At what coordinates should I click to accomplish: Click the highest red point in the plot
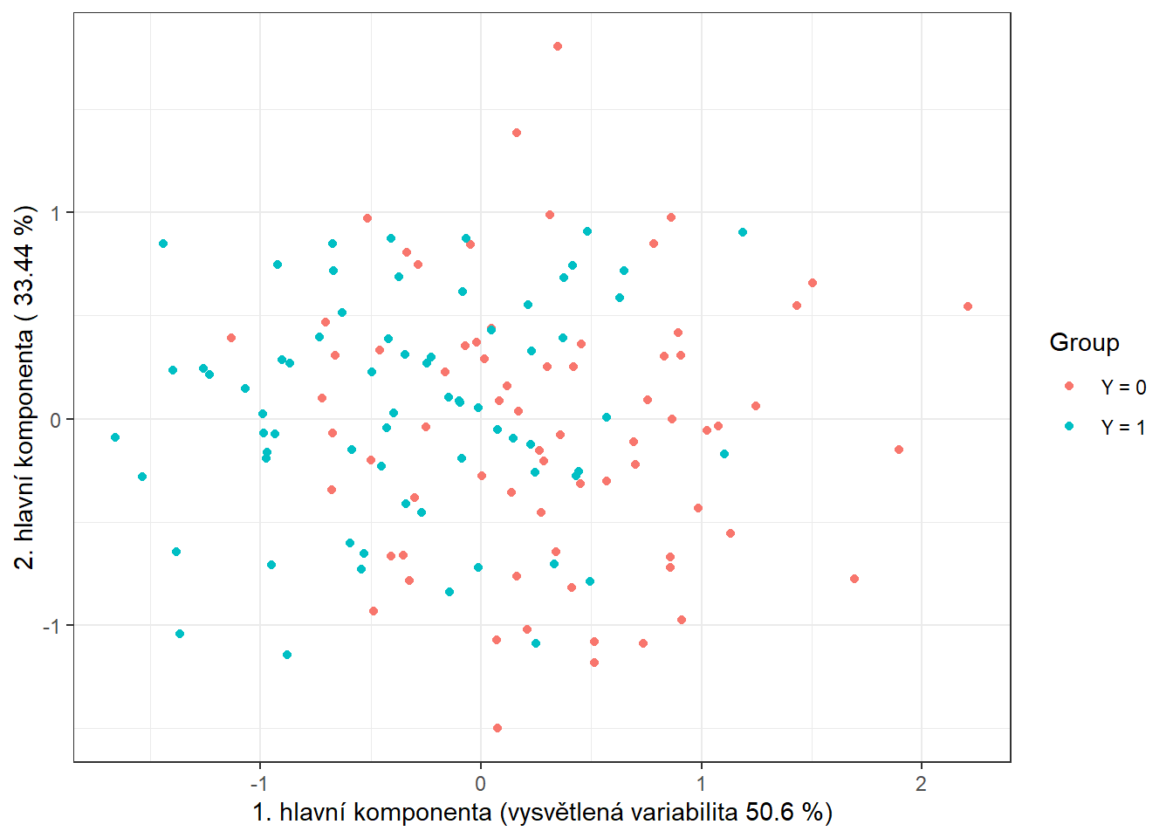tap(558, 46)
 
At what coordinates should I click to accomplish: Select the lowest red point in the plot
tap(497, 728)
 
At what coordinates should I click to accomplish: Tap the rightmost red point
tap(968, 306)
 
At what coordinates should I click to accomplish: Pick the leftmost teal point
tap(115, 437)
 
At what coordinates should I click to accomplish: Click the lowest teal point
tap(287, 655)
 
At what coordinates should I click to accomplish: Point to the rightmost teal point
tap(743, 232)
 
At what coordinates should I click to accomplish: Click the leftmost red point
tap(231, 338)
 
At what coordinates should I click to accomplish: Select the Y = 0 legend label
tap(1123, 388)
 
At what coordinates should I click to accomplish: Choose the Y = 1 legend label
tap(1123, 428)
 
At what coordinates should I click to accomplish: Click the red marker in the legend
tap(1069, 386)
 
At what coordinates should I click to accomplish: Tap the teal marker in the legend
tap(1069, 426)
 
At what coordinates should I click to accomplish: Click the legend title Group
tap(1084, 342)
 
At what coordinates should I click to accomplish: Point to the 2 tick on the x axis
tap(921, 784)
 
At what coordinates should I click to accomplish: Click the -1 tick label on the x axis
tap(258, 784)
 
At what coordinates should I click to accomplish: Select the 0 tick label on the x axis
tap(480, 784)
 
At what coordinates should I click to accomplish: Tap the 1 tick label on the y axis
tap(56, 213)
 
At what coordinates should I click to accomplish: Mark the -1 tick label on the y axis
tap(52, 626)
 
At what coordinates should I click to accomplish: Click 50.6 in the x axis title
tap(770, 813)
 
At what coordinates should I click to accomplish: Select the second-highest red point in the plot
tap(517, 133)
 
